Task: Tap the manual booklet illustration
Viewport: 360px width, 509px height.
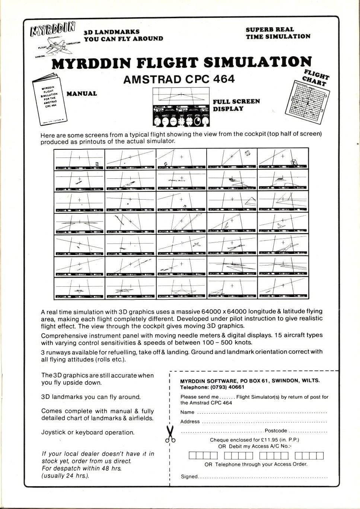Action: [49, 100]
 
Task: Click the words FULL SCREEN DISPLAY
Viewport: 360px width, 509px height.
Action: [236, 105]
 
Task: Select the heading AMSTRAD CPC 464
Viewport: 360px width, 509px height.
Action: [179, 79]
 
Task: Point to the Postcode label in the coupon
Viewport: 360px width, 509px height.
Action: [276, 431]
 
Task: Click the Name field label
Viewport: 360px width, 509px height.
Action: [187, 412]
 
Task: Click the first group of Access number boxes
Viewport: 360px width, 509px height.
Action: [203, 455]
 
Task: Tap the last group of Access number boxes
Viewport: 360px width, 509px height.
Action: [309, 455]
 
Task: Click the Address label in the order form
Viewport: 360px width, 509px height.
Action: [190, 421]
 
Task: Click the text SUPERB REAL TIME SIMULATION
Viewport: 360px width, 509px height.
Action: [278, 33]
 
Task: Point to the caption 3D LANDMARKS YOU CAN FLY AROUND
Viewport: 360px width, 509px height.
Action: [123, 35]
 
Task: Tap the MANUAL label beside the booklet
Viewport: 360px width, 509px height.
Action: [82, 94]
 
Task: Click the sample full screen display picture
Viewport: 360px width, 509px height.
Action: [181, 108]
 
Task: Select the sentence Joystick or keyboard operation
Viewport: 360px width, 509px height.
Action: [88, 432]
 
